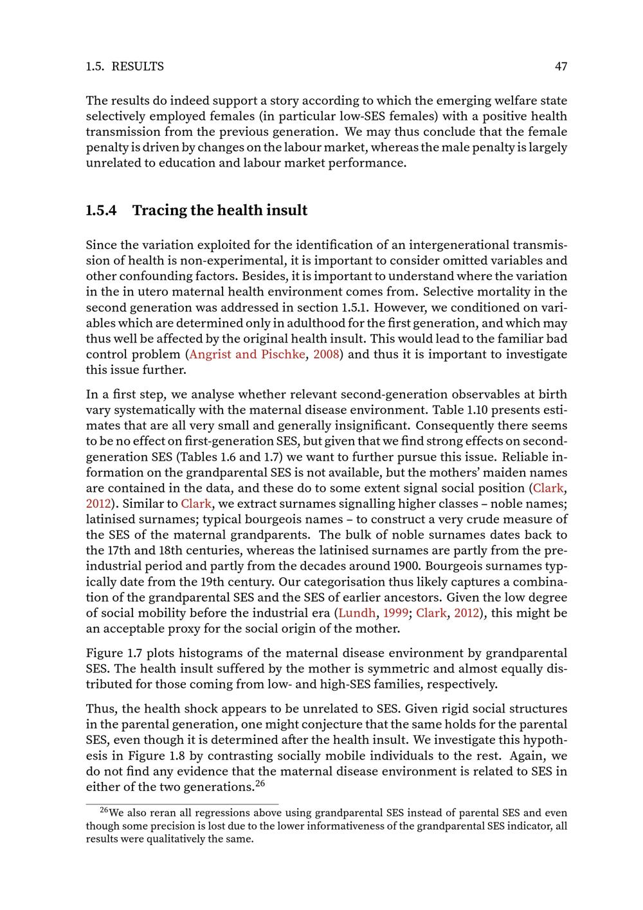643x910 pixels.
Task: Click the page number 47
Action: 561,66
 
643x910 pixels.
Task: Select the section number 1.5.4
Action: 101,210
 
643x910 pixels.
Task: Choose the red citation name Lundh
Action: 357,613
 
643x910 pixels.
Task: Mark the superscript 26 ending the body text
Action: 260,783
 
